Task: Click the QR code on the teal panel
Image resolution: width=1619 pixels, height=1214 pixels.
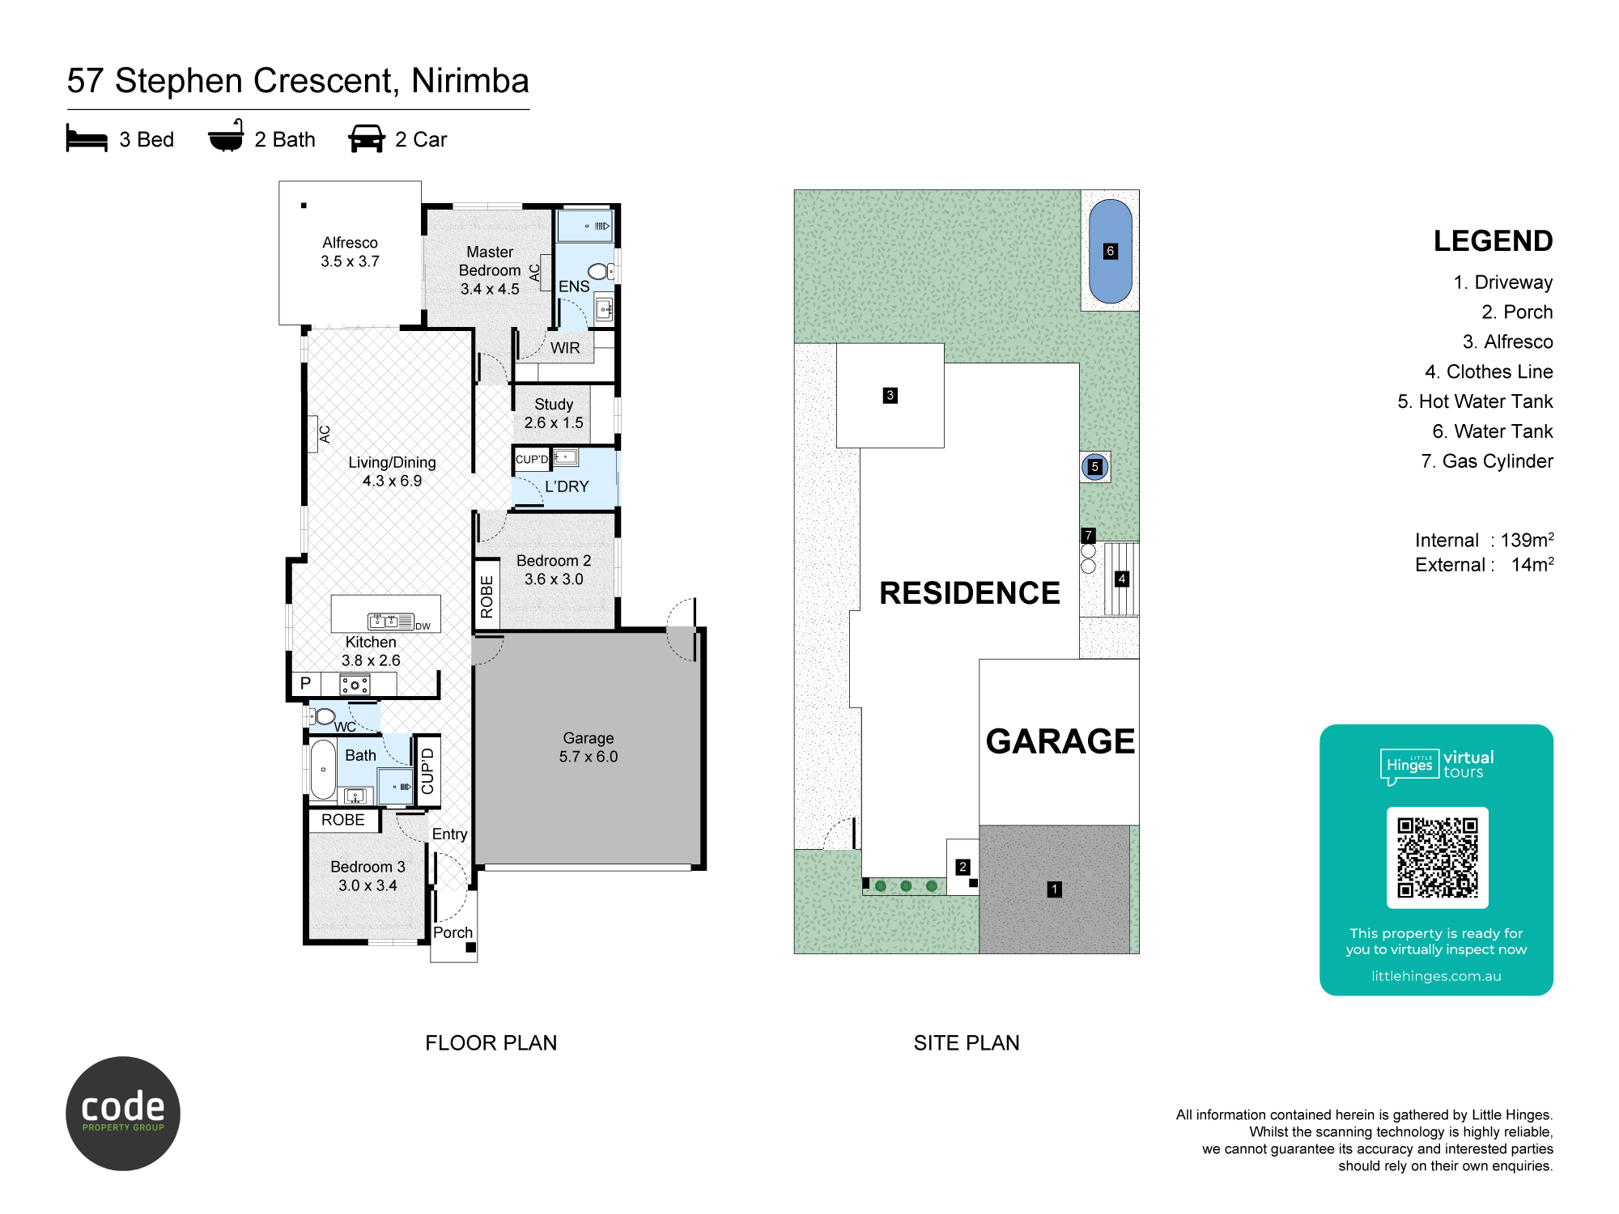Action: point(1437,857)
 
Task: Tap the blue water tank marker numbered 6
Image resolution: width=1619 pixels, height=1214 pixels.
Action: point(1111,251)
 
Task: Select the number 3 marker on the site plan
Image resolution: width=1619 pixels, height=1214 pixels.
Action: point(890,395)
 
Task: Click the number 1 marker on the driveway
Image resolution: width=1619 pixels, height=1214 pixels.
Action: point(1054,889)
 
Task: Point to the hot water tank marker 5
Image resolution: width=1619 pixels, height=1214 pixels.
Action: point(1094,466)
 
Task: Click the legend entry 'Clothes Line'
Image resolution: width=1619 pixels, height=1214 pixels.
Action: point(1489,371)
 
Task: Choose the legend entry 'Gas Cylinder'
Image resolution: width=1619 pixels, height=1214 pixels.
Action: point(1487,461)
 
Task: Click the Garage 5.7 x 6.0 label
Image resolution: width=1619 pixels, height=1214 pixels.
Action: point(589,747)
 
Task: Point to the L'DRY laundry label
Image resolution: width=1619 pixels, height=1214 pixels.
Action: point(567,486)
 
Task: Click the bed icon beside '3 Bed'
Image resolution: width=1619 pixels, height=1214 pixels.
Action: point(87,138)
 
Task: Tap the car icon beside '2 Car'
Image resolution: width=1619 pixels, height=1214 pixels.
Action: point(367,138)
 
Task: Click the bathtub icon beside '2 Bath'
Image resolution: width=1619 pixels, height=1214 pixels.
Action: point(226,136)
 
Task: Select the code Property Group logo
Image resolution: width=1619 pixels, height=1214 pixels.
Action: point(123,1113)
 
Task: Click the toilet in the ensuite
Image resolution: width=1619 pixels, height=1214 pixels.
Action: point(601,272)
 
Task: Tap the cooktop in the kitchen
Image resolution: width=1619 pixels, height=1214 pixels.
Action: point(355,685)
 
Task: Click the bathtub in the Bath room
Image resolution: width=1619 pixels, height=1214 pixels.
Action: point(323,769)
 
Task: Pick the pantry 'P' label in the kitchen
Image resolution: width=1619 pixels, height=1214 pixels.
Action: point(305,683)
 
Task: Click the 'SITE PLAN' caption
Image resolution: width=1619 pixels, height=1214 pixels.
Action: point(967,1042)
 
